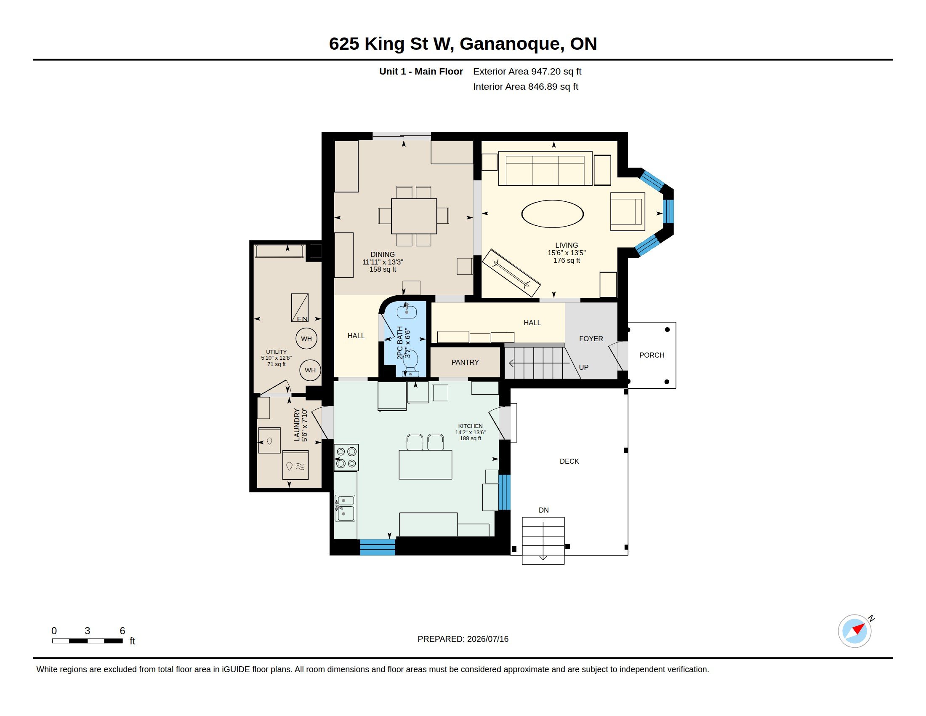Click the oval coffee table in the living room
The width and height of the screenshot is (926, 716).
[552, 214]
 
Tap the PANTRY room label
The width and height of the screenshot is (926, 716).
[465, 362]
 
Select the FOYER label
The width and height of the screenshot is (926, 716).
[591, 339]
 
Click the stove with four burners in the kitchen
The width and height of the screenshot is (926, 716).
[346, 458]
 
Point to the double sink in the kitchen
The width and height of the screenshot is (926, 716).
[345, 508]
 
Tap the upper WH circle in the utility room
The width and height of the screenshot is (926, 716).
[306, 339]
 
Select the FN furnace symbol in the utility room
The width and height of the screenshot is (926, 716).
[300, 307]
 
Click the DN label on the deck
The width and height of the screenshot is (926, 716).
[543, 510]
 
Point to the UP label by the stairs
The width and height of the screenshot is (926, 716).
[583, 367]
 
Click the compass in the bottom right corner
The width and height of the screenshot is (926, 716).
[854, 631]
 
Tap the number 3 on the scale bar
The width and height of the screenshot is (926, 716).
[88, 631]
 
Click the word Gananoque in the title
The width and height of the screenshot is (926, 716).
[512, 44]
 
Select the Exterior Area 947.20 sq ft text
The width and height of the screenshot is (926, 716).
[527, 71]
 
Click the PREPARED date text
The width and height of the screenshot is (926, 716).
[463, 639]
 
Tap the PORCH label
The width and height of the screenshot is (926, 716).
[652, 355]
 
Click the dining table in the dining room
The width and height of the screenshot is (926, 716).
[414, 216]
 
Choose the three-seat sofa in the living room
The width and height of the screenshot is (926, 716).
[545, 168]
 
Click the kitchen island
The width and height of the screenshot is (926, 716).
[425, 465]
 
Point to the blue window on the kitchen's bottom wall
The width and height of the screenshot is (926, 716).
[378, 547]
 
